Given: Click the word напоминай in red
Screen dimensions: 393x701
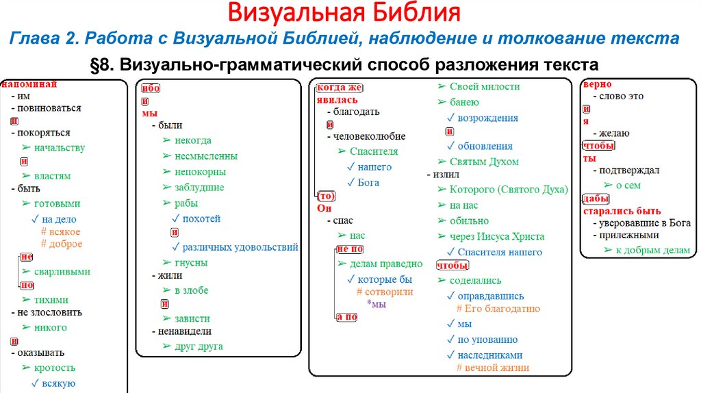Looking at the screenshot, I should pos(28,85).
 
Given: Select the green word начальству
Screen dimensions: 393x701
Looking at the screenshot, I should pos(59,147).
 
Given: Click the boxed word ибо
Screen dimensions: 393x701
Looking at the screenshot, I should pos(150,88).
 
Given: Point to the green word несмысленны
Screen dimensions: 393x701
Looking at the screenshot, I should pos(206,155).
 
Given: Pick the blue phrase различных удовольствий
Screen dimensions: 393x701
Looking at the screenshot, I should pos(240,247).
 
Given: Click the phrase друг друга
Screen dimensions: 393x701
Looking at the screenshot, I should pos(199,346).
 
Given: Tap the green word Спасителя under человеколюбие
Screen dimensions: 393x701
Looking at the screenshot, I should pos(373,151).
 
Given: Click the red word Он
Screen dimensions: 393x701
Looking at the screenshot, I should pos(323,208).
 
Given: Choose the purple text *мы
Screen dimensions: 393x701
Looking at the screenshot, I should pos(377,304).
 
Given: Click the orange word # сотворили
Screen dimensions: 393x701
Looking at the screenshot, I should pos(385,292).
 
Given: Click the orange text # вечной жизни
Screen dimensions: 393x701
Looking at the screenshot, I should pos(493,368).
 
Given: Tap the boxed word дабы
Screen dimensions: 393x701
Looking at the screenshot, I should pos(593,199).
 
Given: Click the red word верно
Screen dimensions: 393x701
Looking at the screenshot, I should pos(593,85).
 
